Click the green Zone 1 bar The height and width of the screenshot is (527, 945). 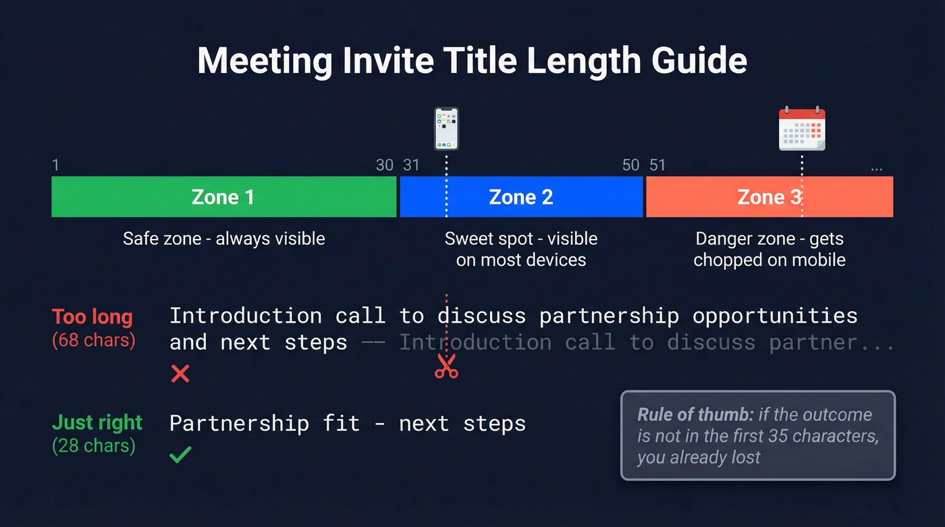[x=223, y=197]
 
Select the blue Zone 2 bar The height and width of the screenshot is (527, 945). [x=521, y=197]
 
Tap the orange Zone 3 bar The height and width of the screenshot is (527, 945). [x=769, y=197]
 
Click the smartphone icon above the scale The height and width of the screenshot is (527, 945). [x=446, y=129]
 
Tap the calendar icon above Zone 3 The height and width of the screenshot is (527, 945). [x=802, y=129]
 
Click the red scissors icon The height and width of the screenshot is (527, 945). [x=446, y=366]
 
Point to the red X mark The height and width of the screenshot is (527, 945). [x=180, y=373]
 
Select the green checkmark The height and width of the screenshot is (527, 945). [x=180, y=455]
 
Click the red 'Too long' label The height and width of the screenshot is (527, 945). [x=92, y=316]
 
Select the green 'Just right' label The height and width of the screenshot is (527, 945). [x=97, y=423]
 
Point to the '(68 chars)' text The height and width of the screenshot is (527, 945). [x=93, y=340]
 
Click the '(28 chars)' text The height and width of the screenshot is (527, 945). [x=93, y=446]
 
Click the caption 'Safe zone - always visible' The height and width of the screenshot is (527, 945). [x=223, y=239]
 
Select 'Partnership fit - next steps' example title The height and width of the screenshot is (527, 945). [x=347, y=424]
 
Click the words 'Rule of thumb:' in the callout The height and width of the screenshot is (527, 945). [x=695, y=414]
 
